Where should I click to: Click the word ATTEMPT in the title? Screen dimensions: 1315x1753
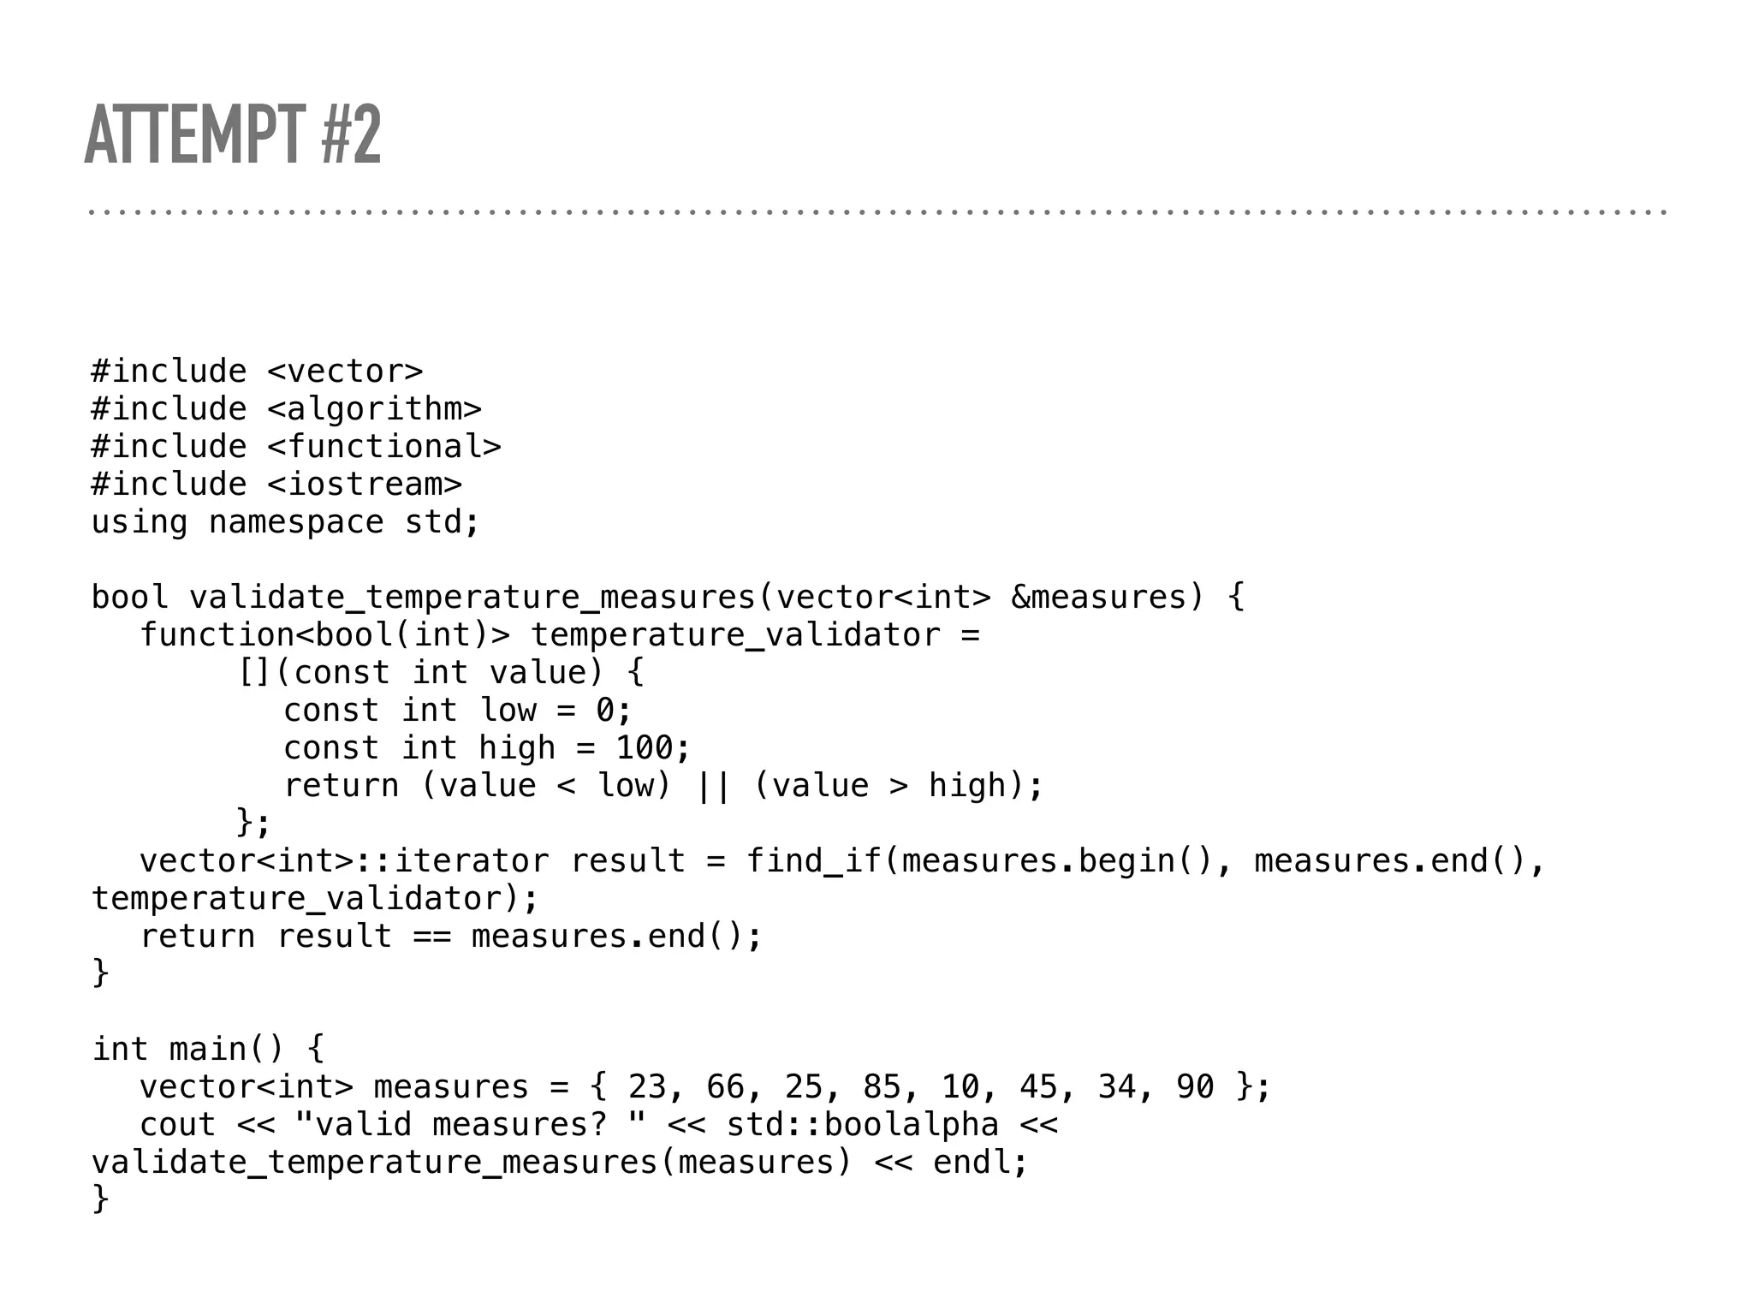point(194,134)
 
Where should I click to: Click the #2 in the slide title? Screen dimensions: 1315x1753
point(351,134)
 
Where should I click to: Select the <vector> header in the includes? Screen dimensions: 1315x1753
point(345,372)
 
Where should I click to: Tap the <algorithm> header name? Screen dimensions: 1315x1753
point(374,409)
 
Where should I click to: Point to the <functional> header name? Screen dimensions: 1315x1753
point(383,447)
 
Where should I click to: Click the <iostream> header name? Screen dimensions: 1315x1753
point(364,485)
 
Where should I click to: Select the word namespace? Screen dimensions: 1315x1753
point(296,522)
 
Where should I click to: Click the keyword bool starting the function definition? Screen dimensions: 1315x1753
point(129,598)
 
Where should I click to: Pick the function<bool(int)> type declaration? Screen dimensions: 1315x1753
point(324,635)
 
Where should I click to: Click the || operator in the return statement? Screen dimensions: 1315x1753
point(713,786)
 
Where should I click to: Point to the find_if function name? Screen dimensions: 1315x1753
point(813,861)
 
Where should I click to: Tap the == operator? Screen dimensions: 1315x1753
point(432,937)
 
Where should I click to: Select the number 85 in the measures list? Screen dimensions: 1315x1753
point(882,1087)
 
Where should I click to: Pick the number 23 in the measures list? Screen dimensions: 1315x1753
point(647,1087)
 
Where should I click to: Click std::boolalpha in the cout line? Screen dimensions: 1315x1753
point(862,1125)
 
